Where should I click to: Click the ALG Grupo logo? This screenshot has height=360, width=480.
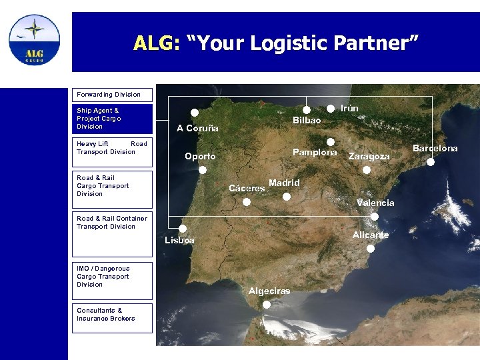[34, 39]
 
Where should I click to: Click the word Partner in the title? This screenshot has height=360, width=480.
[380, 43]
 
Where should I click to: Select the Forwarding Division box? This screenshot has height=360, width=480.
[112, 95]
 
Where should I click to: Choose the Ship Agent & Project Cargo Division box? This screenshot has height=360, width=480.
[112, 119]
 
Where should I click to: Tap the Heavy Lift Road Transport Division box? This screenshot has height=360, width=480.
[112, 147]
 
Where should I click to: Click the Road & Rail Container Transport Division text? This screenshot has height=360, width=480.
[112, 222]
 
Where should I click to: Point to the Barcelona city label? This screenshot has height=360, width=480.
[435, 148]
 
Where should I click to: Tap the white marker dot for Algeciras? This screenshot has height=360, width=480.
[267, 304]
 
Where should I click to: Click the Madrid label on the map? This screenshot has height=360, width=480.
[284, 183]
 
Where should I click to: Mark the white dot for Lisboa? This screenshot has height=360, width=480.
[183, 228]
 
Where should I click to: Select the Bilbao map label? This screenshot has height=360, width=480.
[307, 121]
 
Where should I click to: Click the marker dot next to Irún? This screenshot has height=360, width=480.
[331, 108]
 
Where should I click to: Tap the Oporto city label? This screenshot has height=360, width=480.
[200, 157]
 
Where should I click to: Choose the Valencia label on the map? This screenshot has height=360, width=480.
[375, 203]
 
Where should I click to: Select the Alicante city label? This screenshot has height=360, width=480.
[371, 235]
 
